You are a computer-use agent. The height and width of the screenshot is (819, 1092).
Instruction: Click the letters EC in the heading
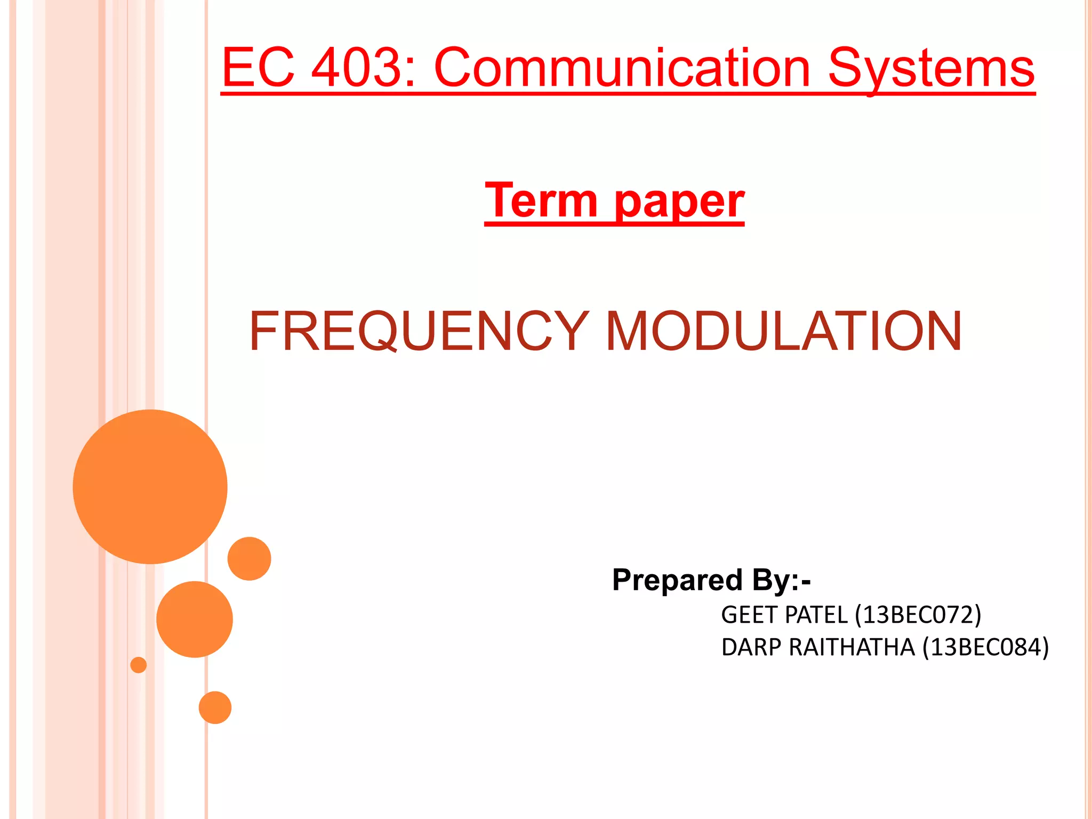258,68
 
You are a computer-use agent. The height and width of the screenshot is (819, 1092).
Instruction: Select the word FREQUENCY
419,331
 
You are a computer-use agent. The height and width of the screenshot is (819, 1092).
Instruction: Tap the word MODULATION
784,331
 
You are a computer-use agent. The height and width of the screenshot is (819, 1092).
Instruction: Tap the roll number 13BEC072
918,615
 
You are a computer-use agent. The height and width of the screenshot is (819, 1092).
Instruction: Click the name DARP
751,647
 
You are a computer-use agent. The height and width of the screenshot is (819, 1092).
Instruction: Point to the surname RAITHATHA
852,647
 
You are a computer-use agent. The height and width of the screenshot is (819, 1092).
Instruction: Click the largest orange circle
150,486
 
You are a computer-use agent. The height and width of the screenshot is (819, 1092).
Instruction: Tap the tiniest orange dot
139,665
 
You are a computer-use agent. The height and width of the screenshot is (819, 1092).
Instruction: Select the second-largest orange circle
195,619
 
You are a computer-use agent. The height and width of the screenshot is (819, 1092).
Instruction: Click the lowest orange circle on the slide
215,708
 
